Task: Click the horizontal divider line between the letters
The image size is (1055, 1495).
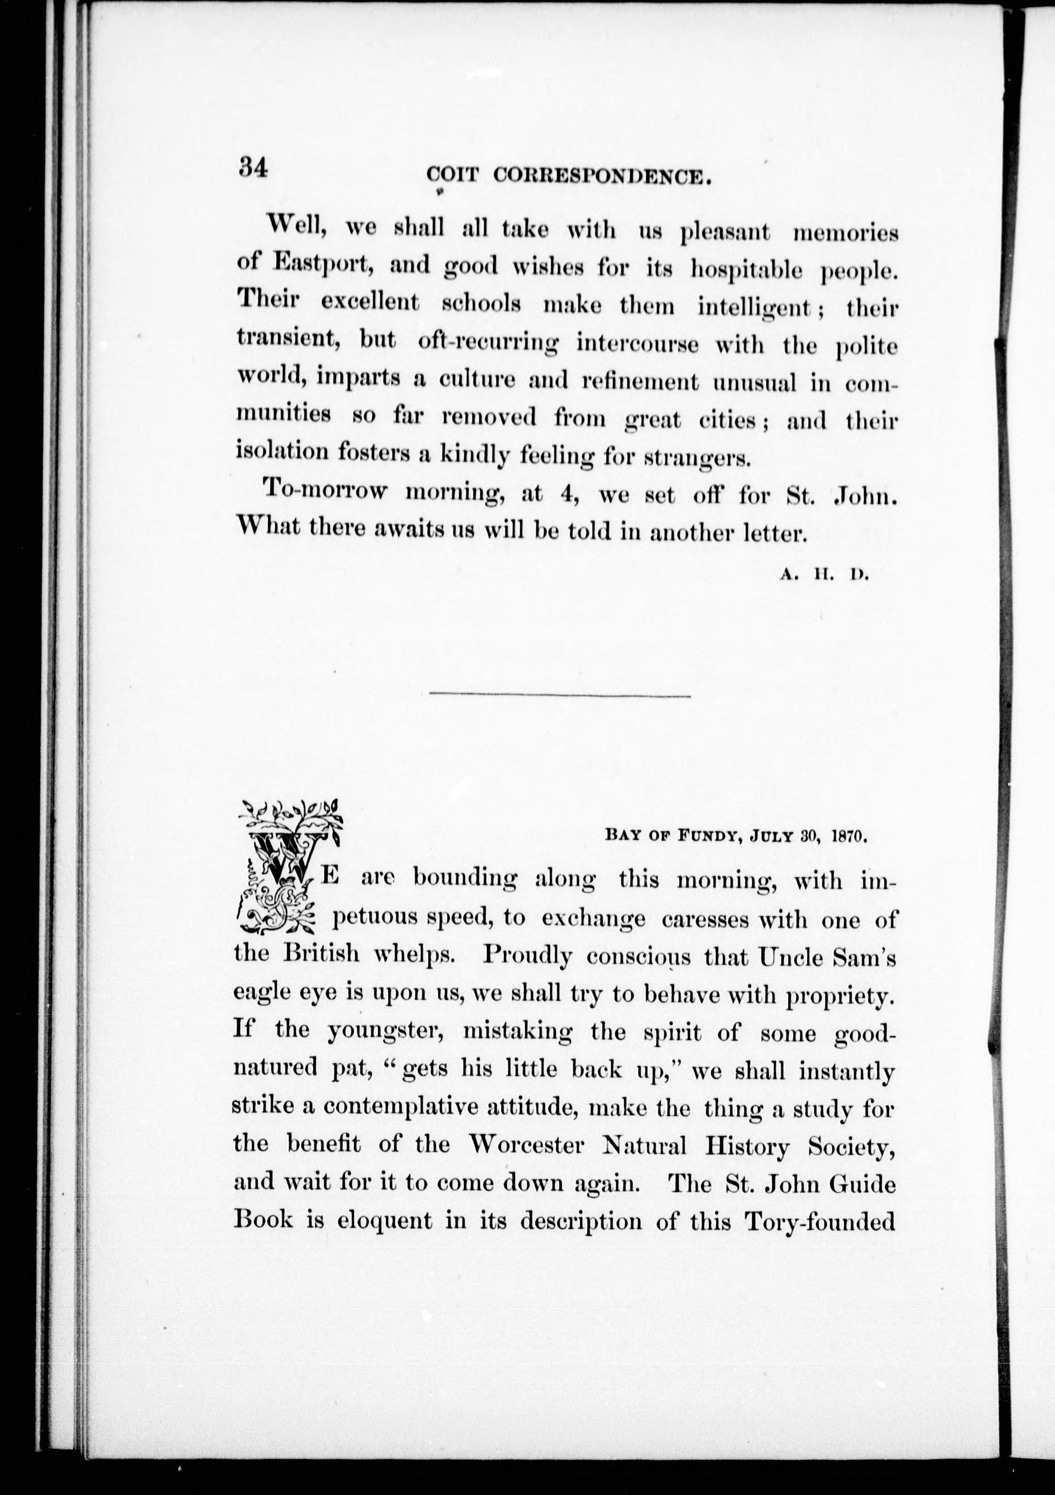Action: pyautogui.click(x=560, y=697)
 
